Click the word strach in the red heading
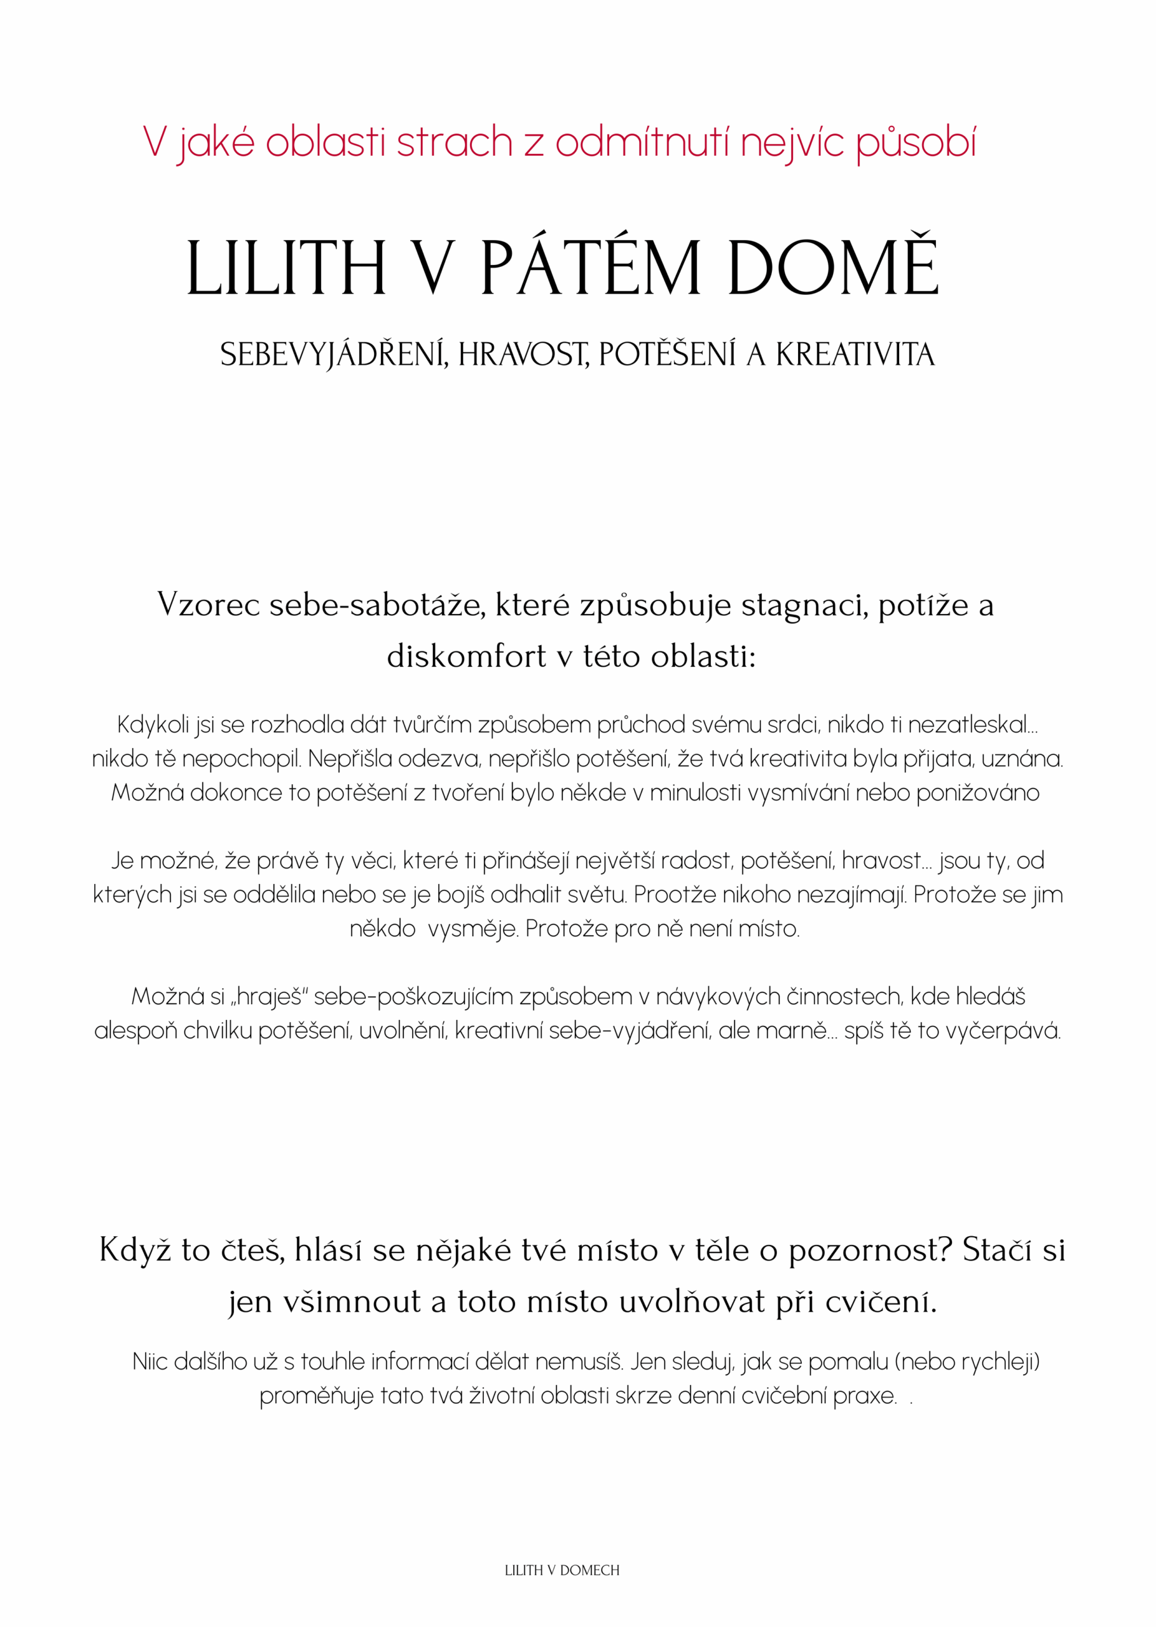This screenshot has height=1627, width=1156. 454,142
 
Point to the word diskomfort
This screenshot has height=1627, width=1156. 466,656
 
